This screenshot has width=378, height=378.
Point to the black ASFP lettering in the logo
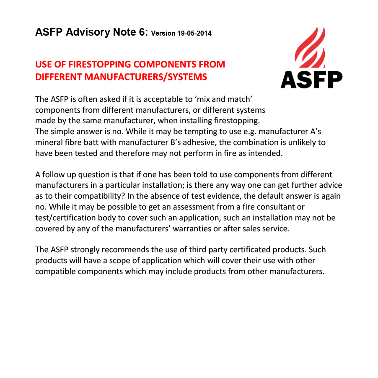311,79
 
